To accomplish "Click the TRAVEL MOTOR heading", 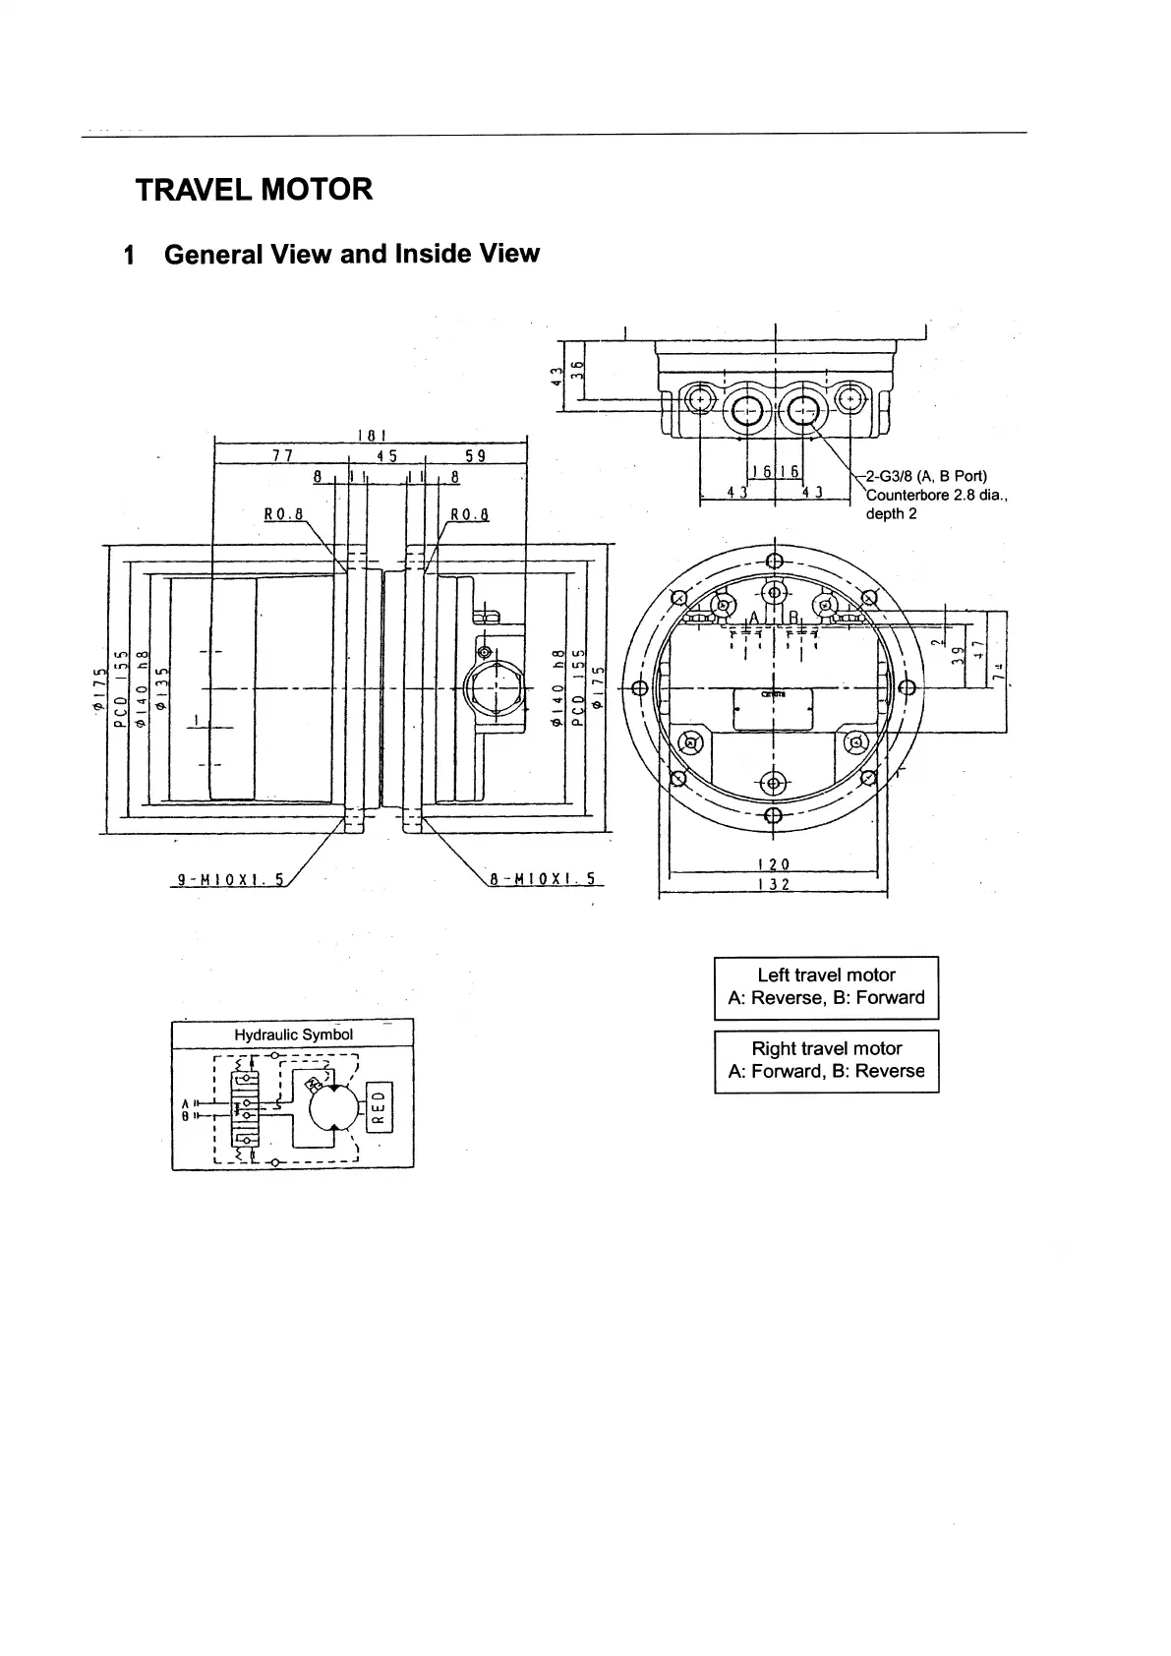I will pos(254,189).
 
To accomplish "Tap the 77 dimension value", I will pos(282,455).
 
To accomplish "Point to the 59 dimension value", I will pos(475,455).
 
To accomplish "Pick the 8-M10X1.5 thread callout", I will pos(543,879).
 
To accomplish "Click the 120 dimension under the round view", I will pos(773,864).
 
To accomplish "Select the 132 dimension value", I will pos(773,884).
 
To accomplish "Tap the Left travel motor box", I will pos(826,986).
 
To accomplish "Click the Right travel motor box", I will pos(826,1060).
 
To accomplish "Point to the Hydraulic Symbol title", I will pos(293,1035).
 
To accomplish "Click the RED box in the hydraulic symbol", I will pos(380,1107).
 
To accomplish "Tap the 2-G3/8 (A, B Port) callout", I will pos(926,477).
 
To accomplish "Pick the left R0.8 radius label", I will pos(284,513).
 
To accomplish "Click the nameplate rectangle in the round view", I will pos(773,708).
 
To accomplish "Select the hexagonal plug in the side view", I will pos(488,681).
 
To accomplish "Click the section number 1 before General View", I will pos(128,255).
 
